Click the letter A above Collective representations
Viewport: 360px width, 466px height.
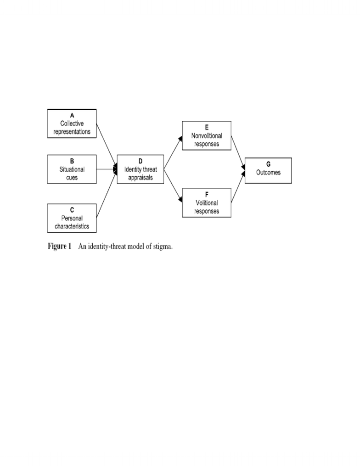tap(72, 115)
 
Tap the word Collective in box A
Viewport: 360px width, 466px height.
tap(72, 124)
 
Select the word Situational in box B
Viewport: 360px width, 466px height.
tap(72, 169)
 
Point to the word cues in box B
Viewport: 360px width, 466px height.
tap(72, 177)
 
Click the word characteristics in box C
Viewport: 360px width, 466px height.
tap(72, 226)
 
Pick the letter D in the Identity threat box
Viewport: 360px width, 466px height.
tap(141, 161)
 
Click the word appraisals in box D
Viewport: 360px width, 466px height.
tap(141, 177)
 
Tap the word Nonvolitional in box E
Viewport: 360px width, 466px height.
tap(207, 135)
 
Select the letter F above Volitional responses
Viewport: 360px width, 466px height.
tap(207, 194)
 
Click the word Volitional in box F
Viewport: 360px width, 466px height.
tap(207, 202)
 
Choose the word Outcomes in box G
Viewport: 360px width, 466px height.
tap(268, 172)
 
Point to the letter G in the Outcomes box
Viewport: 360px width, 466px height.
tap(268, 164)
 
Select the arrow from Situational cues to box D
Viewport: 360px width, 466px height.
tap(107, 169)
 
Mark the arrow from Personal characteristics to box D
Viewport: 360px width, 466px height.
tap(107, 194)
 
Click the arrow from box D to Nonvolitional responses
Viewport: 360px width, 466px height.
tap(173, 152)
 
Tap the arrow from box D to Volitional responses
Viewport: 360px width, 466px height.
tap(173, 186)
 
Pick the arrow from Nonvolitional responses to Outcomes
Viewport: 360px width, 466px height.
tap(238, 153)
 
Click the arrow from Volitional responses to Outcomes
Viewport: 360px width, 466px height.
tap(238, 187)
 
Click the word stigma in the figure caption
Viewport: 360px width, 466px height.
tap(163, 247)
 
